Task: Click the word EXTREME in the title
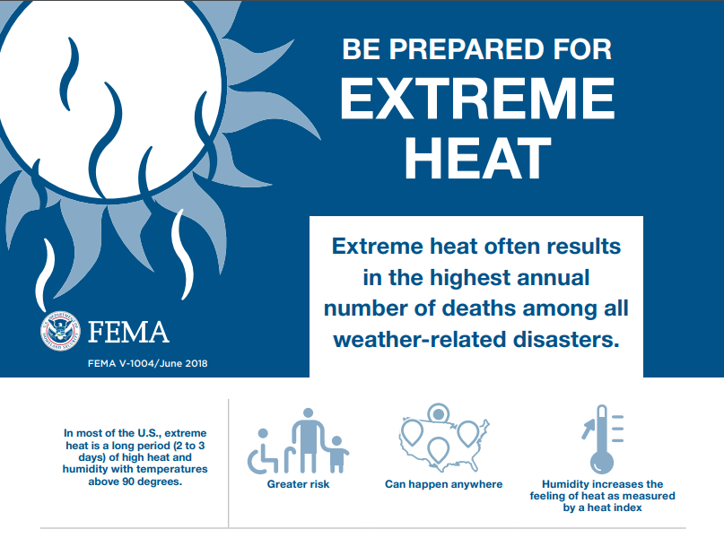(478, 98)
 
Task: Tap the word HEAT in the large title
(478, 158)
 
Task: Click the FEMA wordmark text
(128, 332)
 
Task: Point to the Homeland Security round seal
(59, 330)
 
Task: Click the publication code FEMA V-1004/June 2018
(148, 363)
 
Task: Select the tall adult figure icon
(308, 439)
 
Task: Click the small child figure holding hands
(337, 455)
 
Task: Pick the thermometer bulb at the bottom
(602, 462)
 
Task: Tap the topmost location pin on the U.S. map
(438, 413)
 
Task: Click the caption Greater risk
(298, 484)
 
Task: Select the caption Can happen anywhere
(444, 484)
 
